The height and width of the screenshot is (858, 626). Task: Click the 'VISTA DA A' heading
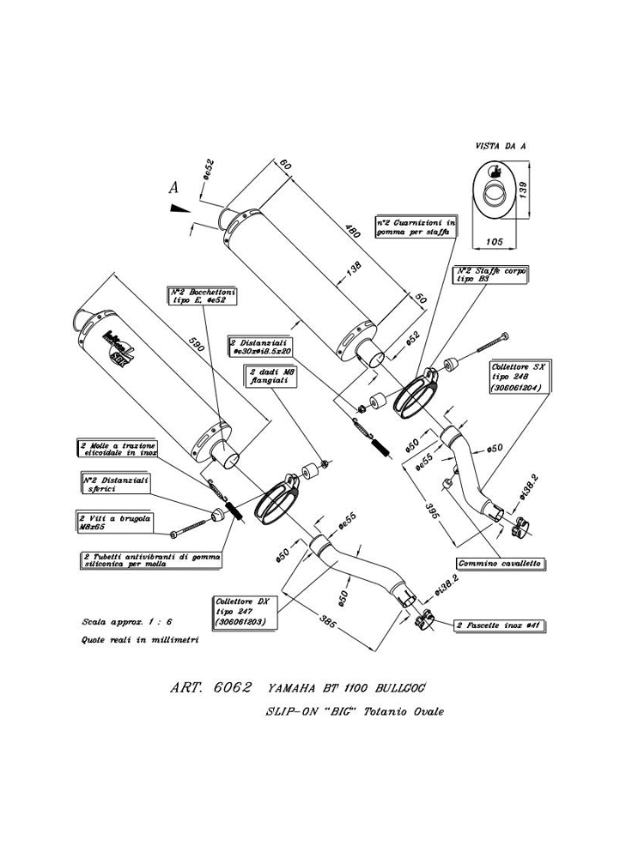pyautogui.click(x=500, y=147)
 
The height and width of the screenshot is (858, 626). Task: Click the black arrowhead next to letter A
pyautogui.click(x=179, y=208)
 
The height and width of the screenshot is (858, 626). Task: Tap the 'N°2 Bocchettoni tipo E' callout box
pyautogui.click(x=202, y=296)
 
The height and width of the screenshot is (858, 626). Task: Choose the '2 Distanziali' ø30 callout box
pyautogui.click(x=261, y=346)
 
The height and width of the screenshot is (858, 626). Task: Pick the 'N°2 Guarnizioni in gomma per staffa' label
pyautogui.click(x=416, y=227)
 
